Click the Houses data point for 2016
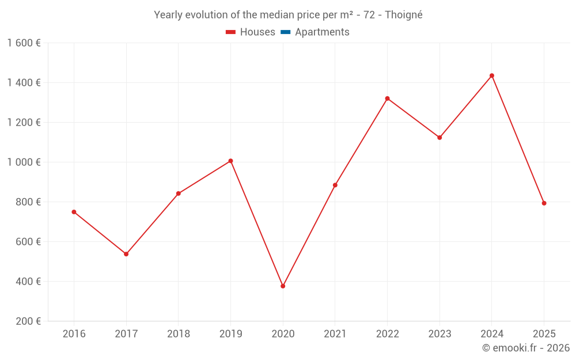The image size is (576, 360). coord(74,212)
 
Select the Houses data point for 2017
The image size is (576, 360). coord(126,254)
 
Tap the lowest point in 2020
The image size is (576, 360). coord(283,286)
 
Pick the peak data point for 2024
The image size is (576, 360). coord(492,75)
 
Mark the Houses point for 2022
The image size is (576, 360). coord(387,98)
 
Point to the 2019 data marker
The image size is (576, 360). coord(230,161)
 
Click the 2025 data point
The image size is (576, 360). coord(544,203)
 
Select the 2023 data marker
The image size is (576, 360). coord(439,138)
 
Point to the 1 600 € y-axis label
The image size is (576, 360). coord(24,43)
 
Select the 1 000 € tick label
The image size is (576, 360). coord(24,162)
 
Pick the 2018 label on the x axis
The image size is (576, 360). coord(179,334)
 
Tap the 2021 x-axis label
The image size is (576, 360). coord(335,334)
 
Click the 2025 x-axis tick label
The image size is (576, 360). coord(544,334)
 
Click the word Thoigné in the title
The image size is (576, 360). coord(403,15)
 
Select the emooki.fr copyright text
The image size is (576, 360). coord(526,348)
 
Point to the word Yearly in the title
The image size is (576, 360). coord(168,15)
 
